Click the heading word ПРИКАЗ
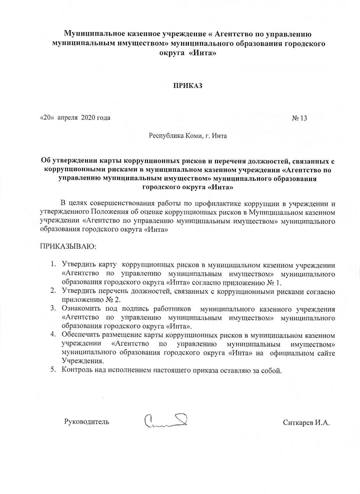(188, 86)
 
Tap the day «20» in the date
(46, 118)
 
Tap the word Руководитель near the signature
(87, 422)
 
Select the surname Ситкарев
(298, 422)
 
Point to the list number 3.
(53, 307)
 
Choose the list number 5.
(53, 370)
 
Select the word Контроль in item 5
(77, 371)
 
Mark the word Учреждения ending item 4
(82, 361)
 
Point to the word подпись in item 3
(146, 307)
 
